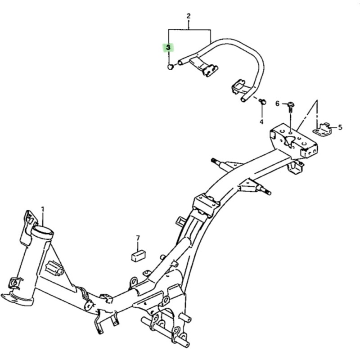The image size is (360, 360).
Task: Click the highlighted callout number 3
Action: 168,48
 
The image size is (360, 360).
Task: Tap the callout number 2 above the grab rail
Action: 189,16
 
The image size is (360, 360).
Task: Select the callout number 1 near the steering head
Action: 43,209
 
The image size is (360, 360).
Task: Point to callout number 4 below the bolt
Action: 261,121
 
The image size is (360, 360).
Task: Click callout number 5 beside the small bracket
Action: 340,127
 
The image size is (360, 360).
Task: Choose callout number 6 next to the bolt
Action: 277,104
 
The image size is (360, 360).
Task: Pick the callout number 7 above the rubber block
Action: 138,238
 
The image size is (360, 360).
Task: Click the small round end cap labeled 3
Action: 170,67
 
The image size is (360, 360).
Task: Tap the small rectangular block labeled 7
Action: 139,256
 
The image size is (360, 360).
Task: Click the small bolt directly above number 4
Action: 262,101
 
